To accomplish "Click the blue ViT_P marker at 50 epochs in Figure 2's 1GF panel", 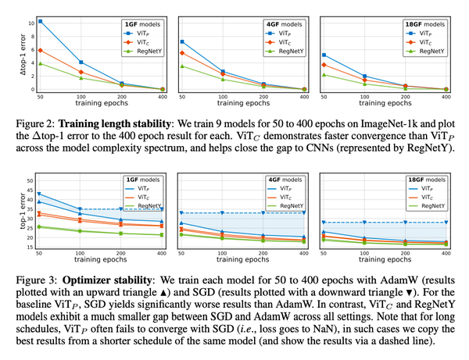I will click(x=41, y=21).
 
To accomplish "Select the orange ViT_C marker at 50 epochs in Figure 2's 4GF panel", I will click(x=182, y=53).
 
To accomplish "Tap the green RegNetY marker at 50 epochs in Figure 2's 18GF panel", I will click(x=324, y=74).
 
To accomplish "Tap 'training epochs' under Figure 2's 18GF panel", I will click(x=385, y=102).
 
